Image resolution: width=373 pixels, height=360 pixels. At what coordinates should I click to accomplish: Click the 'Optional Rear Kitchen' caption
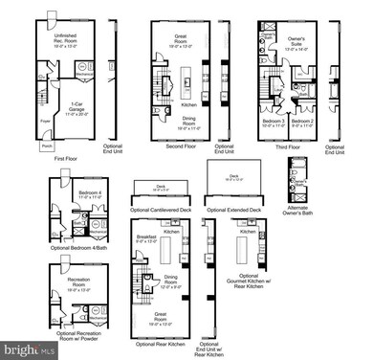pos(162,343)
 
